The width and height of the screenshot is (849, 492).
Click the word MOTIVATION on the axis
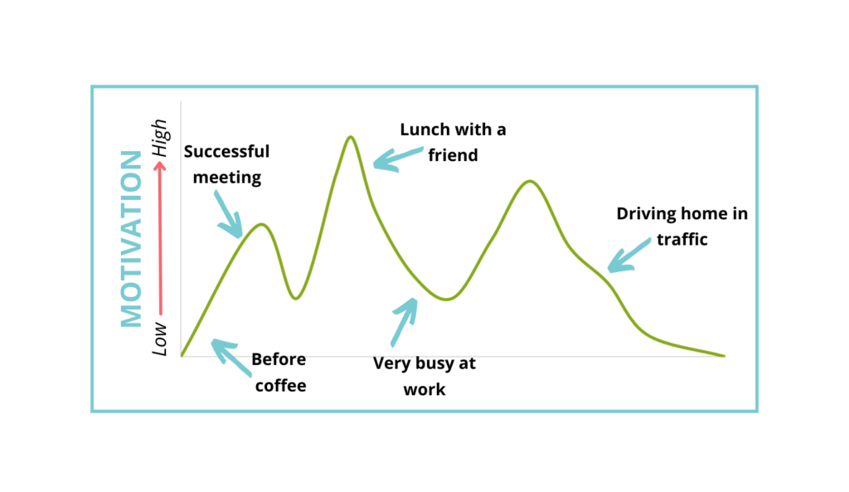tap(133, 239)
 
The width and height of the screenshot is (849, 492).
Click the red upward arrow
tap(161, 241)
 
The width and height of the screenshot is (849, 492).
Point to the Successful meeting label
tap(226, 164)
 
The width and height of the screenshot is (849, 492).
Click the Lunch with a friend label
tap(453, 142)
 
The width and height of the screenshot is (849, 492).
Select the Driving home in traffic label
tap(682, 226)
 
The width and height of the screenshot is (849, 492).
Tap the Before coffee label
tap(279, 372)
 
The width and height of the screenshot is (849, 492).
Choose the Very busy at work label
tap(424, 376)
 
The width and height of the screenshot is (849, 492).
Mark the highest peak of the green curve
tap(351, 138)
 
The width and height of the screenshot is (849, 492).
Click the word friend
tap(453, 155)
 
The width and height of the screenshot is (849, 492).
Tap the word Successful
tap(226, 152)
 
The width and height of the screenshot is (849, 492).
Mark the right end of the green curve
tap(723, 355)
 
